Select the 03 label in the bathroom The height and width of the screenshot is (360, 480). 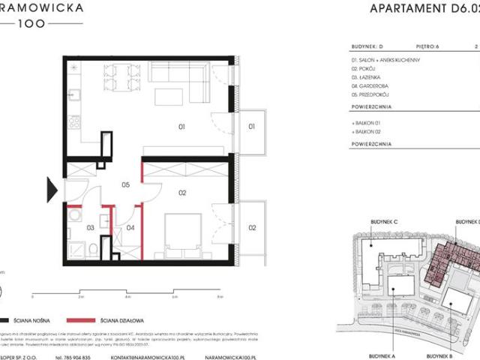(x=91, y=226)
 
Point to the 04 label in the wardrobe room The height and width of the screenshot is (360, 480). (x=130, y=226)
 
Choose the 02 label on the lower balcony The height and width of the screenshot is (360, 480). (x=252, y=226)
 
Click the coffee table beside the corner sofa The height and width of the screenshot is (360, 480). (x=167, y=97)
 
